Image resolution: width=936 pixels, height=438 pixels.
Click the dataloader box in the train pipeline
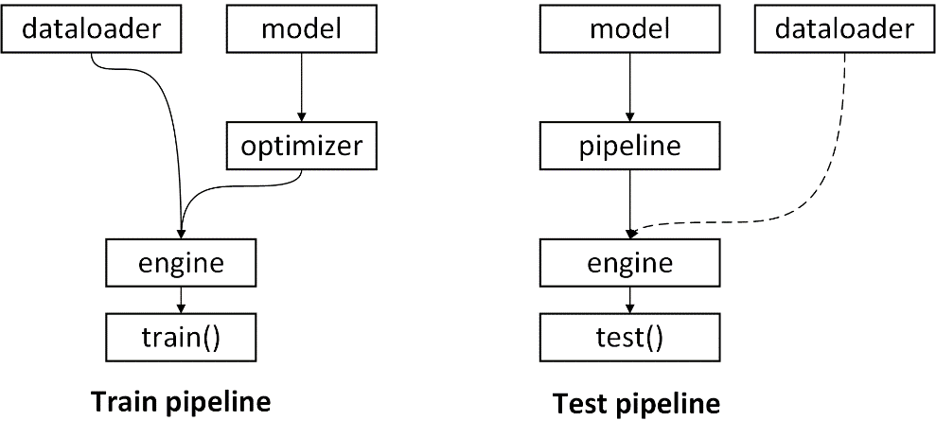(92, 28)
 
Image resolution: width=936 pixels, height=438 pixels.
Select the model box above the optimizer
(302, 28)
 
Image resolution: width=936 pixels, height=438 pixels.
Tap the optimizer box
(302, 146)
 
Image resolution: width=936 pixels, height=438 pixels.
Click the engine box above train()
(181, 263)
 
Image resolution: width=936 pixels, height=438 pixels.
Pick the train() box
(181, 337)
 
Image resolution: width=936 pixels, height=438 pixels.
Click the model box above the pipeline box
(629, 28)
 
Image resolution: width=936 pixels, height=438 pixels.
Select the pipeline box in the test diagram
(629, 146)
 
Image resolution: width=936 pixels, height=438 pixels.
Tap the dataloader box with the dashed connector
(844, 28)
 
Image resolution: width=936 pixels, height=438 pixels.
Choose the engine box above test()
(629, 263)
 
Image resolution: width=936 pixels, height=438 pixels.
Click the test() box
(629, 337)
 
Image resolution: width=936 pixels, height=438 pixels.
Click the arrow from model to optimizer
(302, 87)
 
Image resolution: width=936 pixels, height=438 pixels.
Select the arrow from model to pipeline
(629, 87)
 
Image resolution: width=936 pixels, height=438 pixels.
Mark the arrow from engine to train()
(181, 300)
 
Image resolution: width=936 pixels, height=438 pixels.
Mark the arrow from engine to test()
(629, 300)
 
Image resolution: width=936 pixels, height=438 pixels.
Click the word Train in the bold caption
(124, 402)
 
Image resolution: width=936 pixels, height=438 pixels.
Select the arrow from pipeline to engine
(629, 204)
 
